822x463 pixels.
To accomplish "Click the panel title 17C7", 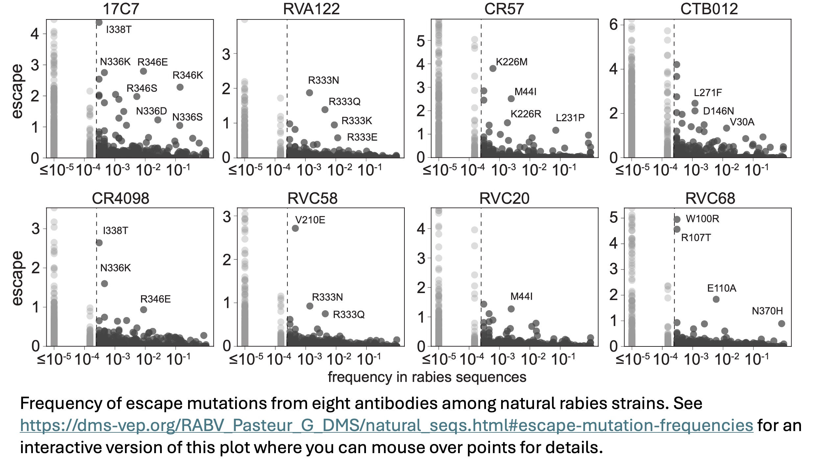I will (x=121, y=9).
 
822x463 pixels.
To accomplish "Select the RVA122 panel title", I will (x=311, y=9).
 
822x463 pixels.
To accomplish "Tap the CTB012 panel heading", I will (x=709, y=9).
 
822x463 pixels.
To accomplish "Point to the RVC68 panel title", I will (x=710, y=198).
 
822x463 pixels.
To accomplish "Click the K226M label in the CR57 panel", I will (x=511, y=62).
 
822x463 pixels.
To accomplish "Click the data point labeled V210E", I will (x=295, y=228).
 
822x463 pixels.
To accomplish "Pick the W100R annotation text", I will (x=702, y=219).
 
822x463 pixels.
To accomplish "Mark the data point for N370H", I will (x=782, y=324).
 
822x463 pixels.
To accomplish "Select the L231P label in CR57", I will (x=570, y=118).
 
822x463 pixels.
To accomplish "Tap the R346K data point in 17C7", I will (x=180, y=87).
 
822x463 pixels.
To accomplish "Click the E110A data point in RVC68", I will (x=716, y=299).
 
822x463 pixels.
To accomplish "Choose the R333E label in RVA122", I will (x=362, y=137).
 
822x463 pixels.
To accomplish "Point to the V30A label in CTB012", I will (x=742, y=122).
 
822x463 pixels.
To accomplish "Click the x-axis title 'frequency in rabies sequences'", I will (x=427, y=377).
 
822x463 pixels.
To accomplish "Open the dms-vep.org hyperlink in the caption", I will (x=386, y=425).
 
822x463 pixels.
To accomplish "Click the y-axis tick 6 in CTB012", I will (x=614, y=25).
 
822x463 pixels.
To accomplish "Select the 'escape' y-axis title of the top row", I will (x=17, y=91).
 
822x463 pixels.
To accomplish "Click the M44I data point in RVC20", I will (x=511, y=309).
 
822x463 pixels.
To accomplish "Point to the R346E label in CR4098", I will (x=155, y=299).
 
